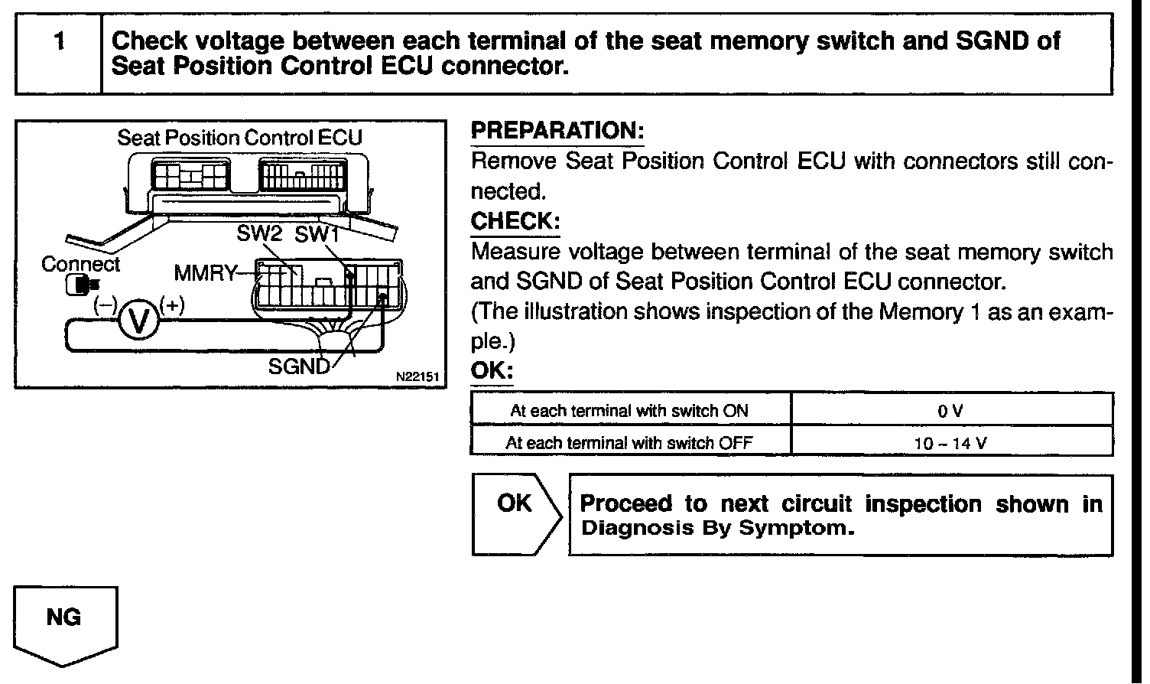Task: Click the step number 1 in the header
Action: coord(58,42)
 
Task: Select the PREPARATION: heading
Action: coord(557,131)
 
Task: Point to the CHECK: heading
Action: coord(515,221)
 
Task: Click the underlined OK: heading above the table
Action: coord(491,371)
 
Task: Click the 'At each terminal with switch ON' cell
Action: coord(629,411)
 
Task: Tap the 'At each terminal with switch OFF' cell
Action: coord(629,442)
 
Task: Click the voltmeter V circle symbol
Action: coord(138,321)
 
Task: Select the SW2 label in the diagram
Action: coord(260,234)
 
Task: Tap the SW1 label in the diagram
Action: coord(317,234)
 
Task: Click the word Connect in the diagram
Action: coord(80,264)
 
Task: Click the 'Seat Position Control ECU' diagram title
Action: coord(239,138)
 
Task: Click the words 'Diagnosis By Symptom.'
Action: coord(717,529)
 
